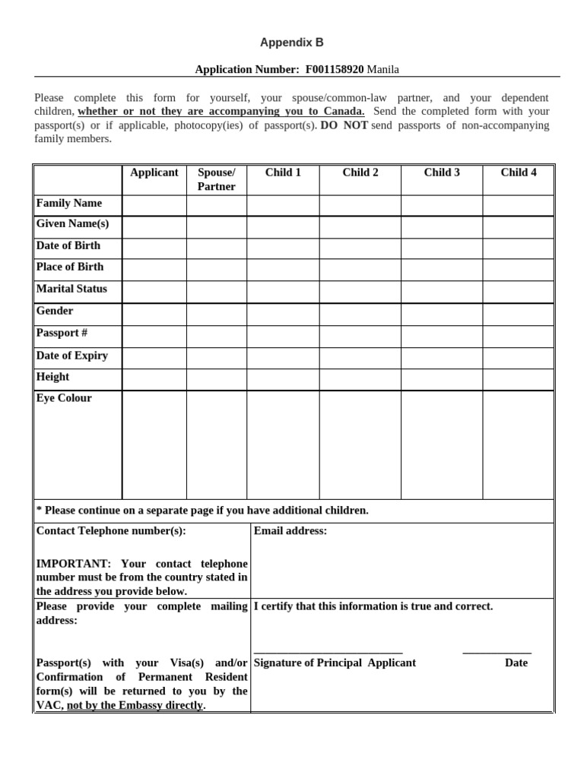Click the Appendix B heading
point(292,43)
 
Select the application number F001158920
point(335,69)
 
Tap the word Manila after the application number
point(383,69)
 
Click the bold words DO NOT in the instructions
point(344,125)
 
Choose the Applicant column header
point(154,172)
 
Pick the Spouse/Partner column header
point(217,179)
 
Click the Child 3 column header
point(442,172)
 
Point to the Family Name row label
point(68,203)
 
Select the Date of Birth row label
point(68,245)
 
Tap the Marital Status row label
point(71,289)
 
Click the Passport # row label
point(62,333)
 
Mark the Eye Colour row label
point(64,398)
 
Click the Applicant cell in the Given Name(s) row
point(154,227)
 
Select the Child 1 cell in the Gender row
point(283,315)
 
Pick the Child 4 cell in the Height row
point(518,380)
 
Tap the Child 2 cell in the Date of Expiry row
point(360,359)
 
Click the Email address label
point(290,531)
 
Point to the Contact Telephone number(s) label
point(111,531)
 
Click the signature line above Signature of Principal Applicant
point(328,653)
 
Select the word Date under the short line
point(516,663)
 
